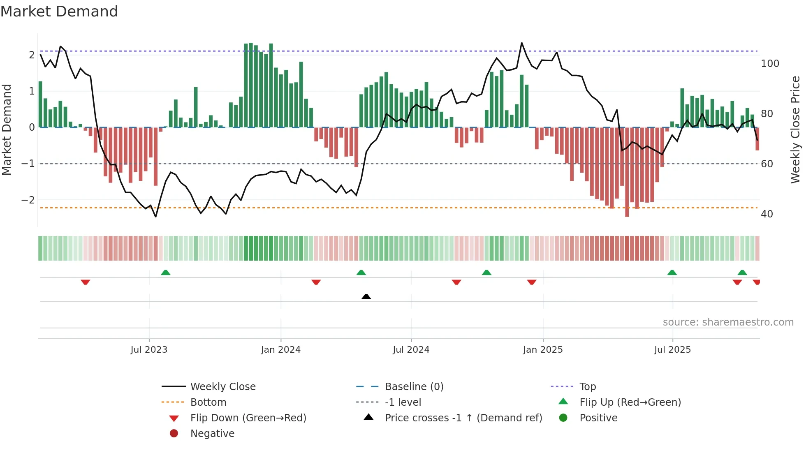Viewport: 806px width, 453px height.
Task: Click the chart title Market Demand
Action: coord(59,12)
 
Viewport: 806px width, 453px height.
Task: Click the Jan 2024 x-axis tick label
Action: coord(280,350)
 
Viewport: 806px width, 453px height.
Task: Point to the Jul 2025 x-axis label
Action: coord(672,350)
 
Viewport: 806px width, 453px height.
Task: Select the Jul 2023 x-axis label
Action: coord(149,350)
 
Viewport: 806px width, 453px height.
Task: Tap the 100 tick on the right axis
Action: coord(770,64)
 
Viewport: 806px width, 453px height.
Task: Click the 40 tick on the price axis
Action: coord(767,214)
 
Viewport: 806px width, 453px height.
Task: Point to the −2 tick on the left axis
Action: coord(28,200)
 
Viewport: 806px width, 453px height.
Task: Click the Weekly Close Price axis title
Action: coord(795,129)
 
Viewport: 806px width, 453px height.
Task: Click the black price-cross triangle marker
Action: coord(366,296)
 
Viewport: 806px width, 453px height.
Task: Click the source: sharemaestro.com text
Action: coord(728,322)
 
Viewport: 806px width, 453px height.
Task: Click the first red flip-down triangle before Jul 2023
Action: coord(85,282)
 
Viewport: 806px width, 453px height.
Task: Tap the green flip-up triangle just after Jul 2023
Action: coord(165,273)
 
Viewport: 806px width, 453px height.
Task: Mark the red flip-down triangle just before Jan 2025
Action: coord(531,282)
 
